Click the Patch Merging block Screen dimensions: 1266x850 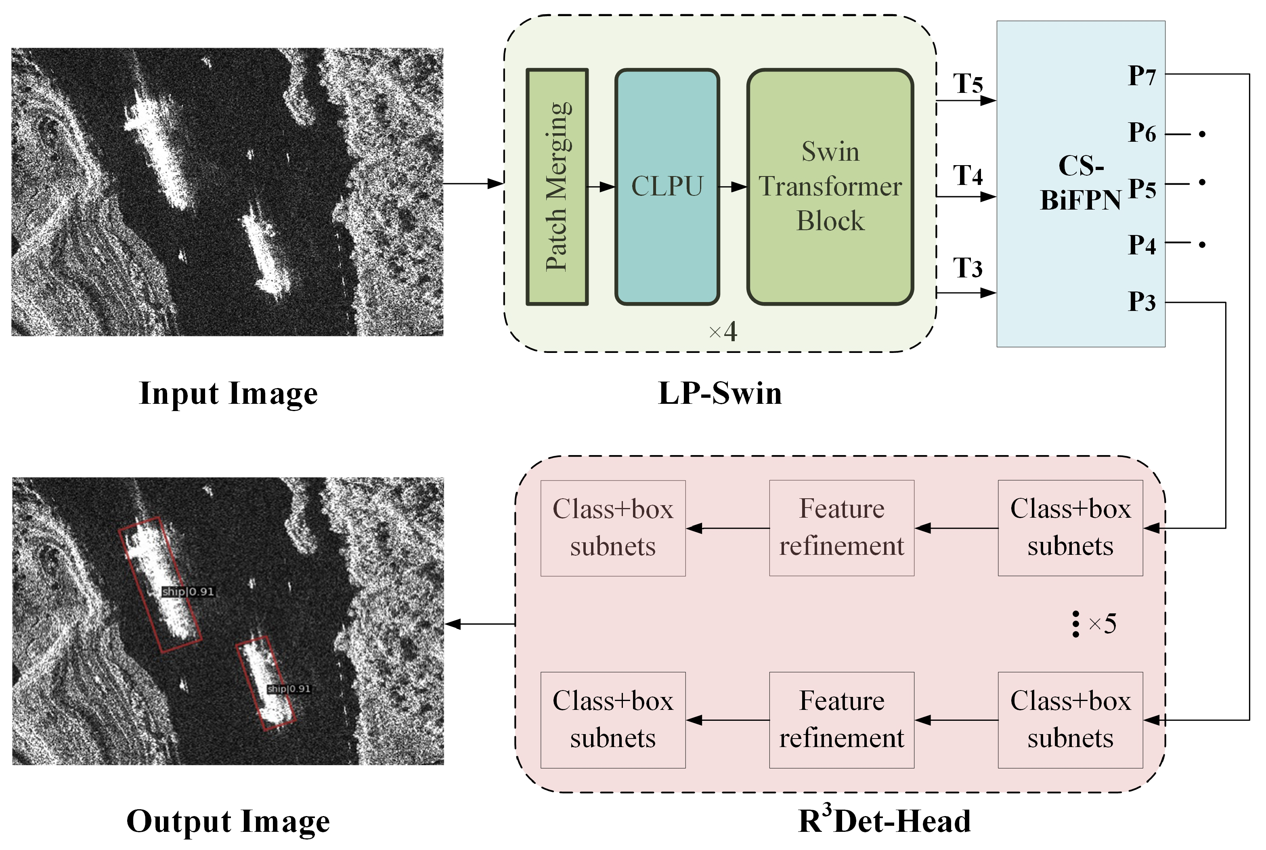click(x=557, y=187)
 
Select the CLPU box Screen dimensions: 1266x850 click(x=667, y=187)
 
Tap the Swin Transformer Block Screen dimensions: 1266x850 click(x=830, y=187)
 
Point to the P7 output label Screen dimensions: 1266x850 click(x=1142, y=76)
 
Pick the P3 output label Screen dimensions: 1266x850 click(x=1142, y=301)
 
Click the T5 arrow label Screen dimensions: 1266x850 click(x=968, y=84)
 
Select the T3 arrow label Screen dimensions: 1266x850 click(x=968, y=269)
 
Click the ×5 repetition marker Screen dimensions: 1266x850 click(x=1102, y=624)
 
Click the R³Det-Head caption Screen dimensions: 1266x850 click(x=885, y=821)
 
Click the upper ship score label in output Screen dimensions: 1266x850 click(x=189, y=592)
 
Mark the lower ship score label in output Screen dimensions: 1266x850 click(x=289, y=688)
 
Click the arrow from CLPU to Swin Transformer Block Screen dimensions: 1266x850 click(x=733, y=187)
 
